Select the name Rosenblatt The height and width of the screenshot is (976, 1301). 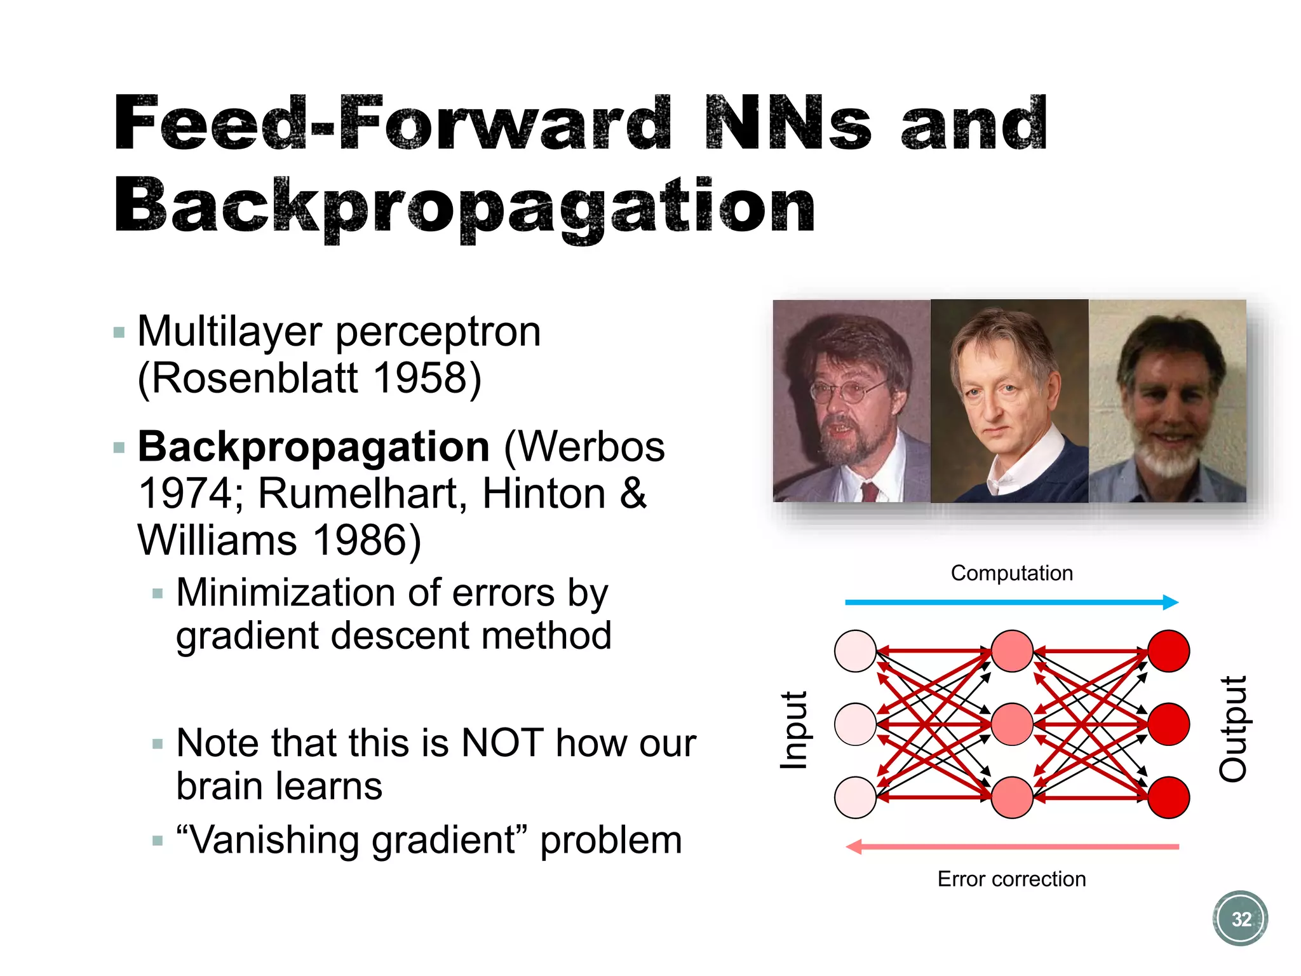click(x=254, y=378)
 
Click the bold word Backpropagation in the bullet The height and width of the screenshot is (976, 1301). click(x=314, y=447)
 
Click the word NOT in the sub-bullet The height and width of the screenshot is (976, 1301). click(x=502, y=743)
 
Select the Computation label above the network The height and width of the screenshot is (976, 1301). click(x=1011, y=573)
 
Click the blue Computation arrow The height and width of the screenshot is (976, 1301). click(x=1011, y=602)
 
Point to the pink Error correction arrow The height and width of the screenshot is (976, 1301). click(x=1011, y=846)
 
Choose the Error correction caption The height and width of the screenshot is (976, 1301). click(x=1011, y=879)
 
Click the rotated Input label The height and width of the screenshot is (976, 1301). click(x=793, y=730)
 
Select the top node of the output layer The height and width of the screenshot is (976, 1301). click(x=1168, y=651)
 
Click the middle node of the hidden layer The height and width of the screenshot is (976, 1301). click(x=1011, y=724)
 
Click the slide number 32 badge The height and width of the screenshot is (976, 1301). click(x=1240, y=918)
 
